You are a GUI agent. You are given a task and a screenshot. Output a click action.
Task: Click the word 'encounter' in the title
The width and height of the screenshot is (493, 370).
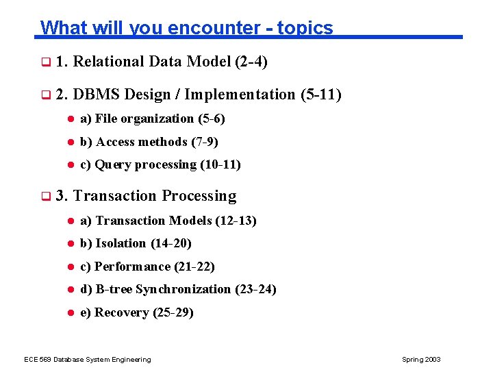coord(210,27)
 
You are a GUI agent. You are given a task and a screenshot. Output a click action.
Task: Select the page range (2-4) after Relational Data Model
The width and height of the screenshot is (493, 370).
coord(251,62)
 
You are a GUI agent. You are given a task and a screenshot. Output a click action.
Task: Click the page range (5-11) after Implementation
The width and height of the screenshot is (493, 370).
coord(320,95)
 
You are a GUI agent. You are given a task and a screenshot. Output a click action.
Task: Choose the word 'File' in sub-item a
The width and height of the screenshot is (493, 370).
coord(106,119)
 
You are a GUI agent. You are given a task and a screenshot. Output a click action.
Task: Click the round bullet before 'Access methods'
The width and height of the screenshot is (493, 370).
coord(69,142)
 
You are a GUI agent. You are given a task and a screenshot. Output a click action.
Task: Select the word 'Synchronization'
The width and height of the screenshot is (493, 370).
coord(184,289)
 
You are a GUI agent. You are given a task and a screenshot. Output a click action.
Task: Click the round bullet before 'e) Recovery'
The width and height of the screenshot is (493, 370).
coord(69,312)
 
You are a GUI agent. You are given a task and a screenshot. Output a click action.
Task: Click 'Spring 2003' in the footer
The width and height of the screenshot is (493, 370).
coord(422,360)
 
